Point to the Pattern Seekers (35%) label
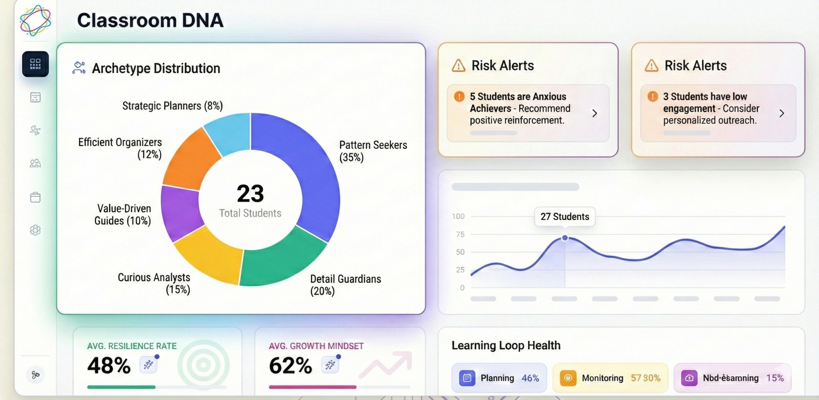[x=373, y=151]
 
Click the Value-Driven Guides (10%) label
[x=123, y=214]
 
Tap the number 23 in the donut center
[x=250, y=194]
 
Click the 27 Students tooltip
[x=565, y=216]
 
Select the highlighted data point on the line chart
[x=565, y=238]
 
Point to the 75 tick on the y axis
[x=460, y=234]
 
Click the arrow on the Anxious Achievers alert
[x=595, y=114]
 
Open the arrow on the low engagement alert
[x=782, y=114]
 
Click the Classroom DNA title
[x=150, y=21]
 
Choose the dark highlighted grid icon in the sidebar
[x=35, y=64]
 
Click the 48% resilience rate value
[x=109, y=365]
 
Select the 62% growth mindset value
[x=291, y=365]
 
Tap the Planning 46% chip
[x=499, y=378]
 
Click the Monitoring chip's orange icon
[x=568, y=378]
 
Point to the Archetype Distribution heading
[x=156, y=68]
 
